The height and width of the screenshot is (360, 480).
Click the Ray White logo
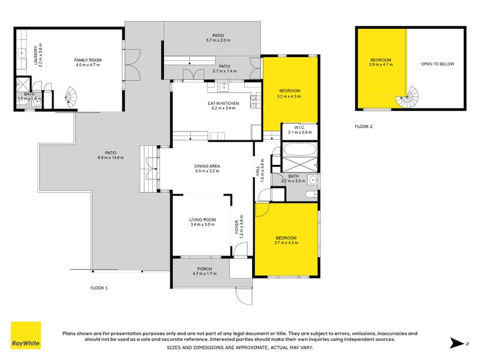pos(26,335)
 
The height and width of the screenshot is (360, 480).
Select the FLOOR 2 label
pos(364,127)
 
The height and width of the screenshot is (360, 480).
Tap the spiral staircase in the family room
pos(72,95)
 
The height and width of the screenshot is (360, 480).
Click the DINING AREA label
pos(206,166)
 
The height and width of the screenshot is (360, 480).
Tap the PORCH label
pos(204,269)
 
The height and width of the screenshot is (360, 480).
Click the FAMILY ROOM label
pos(86,60)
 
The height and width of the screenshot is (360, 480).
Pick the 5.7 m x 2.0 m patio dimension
pos(213,40)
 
